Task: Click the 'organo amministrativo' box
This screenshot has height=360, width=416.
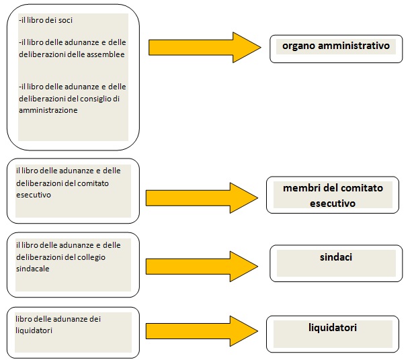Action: (x=336, y=49)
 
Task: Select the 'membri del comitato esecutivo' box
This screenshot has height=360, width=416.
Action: (x=333, y=195)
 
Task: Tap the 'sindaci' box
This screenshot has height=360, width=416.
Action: (x=336, y=263)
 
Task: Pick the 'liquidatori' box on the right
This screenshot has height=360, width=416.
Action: (x=333, y=334)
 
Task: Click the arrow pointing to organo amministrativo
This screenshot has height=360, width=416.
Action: (x=204, y=48)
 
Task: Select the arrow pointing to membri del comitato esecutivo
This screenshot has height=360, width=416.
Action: (x=202, y=197)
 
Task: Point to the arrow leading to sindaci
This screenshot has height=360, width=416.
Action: (x=202, y=266)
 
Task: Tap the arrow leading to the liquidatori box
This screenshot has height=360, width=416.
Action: (x=202, y=331)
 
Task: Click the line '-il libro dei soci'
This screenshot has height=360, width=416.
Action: (x=46, y=20)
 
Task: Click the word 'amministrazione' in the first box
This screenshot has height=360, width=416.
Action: (x=48, y=110)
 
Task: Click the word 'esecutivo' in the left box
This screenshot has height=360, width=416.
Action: (x=34, y=195)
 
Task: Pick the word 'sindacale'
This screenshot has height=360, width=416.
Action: (x=33, y=269)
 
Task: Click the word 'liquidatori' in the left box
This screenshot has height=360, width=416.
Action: (x=34, y=330)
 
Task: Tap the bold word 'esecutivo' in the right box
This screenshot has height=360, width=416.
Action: (x=333, y=204)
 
